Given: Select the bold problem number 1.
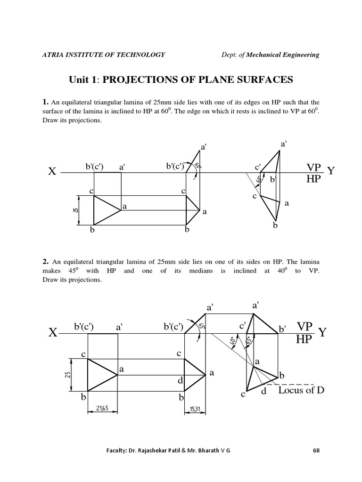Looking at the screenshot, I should click(45, 102).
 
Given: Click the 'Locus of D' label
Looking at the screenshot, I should click(301, 390).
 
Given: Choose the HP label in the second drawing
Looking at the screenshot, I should click(304, 339).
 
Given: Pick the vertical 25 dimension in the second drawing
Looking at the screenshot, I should click(67, 374).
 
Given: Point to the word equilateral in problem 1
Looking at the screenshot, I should click(81, 102).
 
